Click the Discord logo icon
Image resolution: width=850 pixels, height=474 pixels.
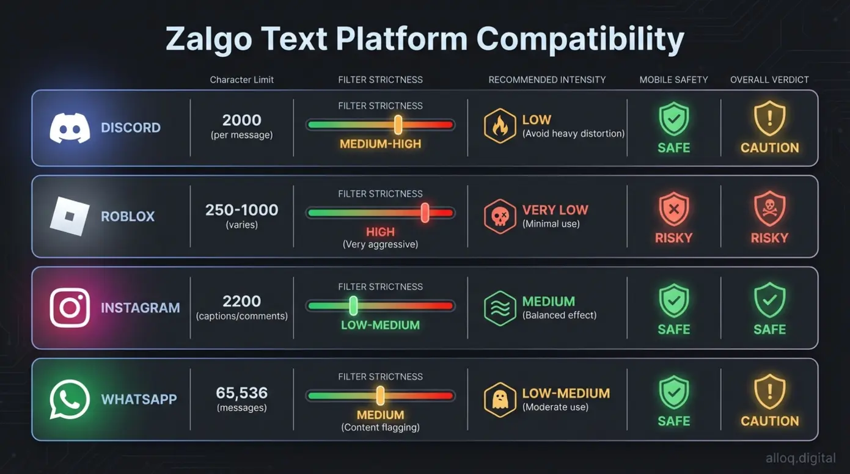click(70, 128)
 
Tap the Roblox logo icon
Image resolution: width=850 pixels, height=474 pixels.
click(70, 216)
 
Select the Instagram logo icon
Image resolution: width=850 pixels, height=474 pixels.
click(70, 307)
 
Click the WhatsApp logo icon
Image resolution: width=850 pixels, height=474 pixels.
click(70, 399)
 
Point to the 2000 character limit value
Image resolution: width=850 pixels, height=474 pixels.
click(241, 120)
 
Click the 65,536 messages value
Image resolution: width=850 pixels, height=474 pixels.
click(241, 393)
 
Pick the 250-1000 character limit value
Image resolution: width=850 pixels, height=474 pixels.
click(241, 210)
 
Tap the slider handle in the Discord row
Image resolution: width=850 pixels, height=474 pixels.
click(398, 125)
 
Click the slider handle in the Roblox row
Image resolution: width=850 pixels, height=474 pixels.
click(425, 213)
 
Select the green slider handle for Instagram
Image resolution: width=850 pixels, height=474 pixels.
click(353, 305)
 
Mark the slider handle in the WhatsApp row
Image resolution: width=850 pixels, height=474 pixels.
click(380, 396)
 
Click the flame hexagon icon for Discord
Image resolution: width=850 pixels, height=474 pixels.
click(500, 126)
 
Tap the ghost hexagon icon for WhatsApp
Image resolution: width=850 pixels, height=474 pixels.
click(500, 399)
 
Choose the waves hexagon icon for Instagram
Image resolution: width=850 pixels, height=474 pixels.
click(500, 308)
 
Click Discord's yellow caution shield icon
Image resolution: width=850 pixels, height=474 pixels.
click(769, 119)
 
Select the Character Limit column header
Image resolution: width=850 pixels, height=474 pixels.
click(241, 80)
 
